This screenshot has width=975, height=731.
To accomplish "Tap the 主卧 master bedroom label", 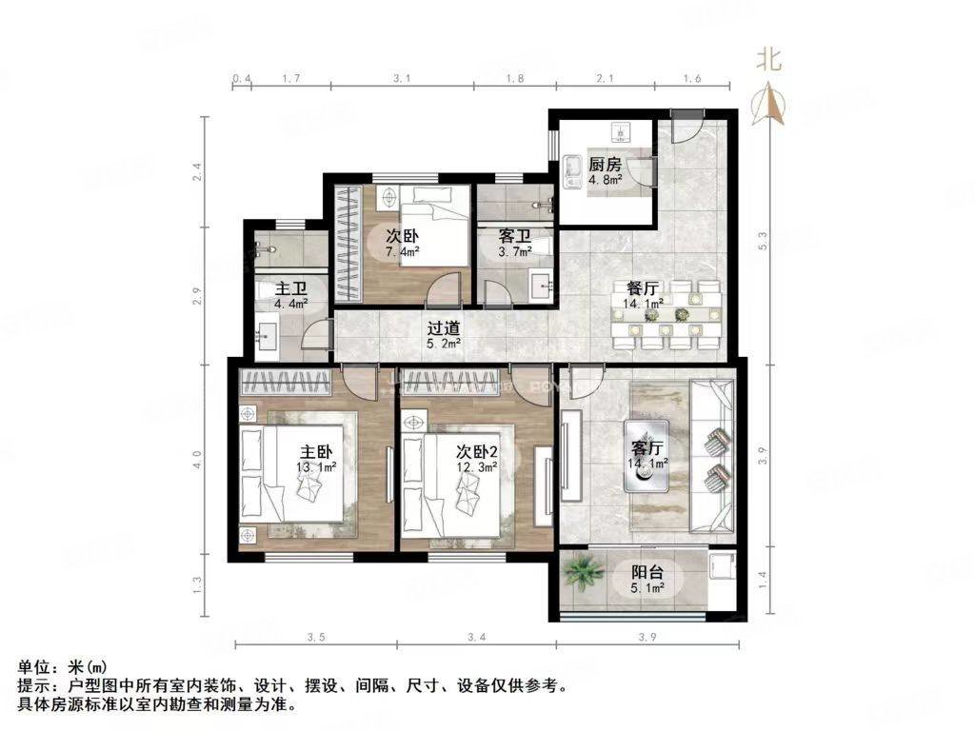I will pos(316,453).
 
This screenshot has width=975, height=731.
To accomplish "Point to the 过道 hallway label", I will pos(444,327).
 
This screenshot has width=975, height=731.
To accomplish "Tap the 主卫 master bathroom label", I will pos(289,288).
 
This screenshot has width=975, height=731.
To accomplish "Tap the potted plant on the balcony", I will pos(583,573).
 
